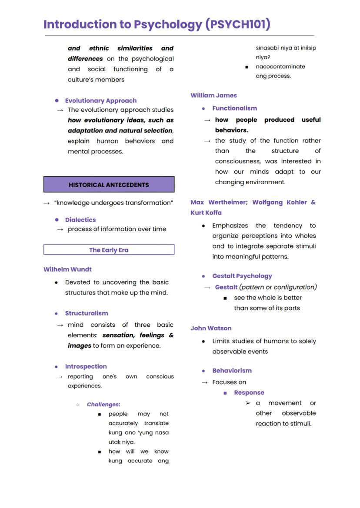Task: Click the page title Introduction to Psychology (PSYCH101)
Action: click(x=157, y=24)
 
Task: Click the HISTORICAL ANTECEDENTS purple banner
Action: click(x=109, y=185)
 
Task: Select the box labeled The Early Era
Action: click(x=109, y=250)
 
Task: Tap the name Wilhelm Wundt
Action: click(x=67, y=269)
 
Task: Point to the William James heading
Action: click(x=213, y=96)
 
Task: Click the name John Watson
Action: click(x=211, y=329)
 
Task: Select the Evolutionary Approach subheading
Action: click(x=100, y=101)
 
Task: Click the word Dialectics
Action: click(x=80, y=220)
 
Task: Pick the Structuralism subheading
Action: click(x=87, y=313)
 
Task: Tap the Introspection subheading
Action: click(x=86, y=367)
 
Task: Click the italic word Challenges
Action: click(x=103, y=405)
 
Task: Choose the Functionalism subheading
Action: click(x=234, y=109)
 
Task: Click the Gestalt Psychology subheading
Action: click(x=242, y=276)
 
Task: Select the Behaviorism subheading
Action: click(x=232, y=371)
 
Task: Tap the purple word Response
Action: click(x=249, y=393)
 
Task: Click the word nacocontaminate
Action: click(x=280, y=67)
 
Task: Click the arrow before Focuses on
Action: click(x=204, y=382)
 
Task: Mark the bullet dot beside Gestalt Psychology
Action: click(x=203, y=276)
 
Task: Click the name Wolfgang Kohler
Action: click(x=278, y=203)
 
